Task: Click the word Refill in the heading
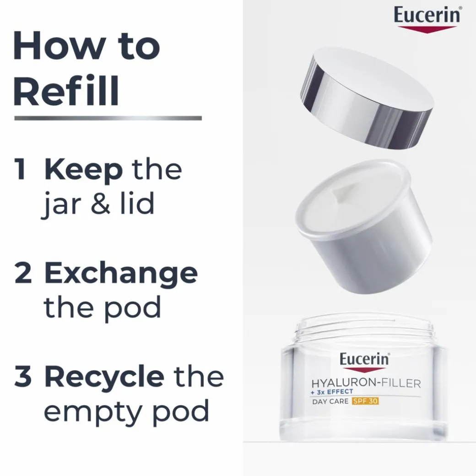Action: [x=66, y=91]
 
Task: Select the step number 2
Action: [x=23, y=273]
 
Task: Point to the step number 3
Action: [x=23, y=377]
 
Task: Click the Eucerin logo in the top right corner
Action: [x=427, y=19]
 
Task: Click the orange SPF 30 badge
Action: [x=365, y=401]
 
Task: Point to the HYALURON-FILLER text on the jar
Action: [x=366, y=383]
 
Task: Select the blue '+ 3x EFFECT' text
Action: [x=332, y=392]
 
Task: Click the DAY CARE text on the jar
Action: [x=330, y=401]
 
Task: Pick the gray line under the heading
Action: [x=108, y=118]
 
